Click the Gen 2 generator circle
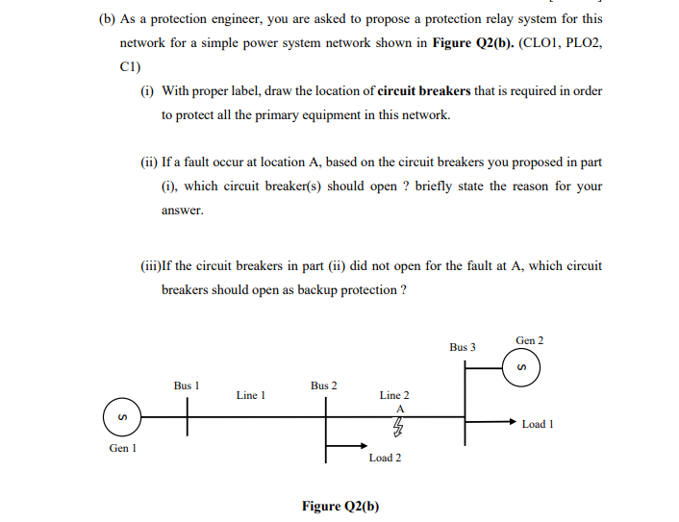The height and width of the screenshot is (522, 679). click(x=521, y=367)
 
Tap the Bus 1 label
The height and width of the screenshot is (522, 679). click(x=187, y=385)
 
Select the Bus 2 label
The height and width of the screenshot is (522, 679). click(x=324, y=385)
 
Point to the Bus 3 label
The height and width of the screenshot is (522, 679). click(x=463, y=346)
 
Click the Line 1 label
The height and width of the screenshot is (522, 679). click(x=250, y=394)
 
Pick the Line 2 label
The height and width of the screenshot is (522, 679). click(x=394, y=394)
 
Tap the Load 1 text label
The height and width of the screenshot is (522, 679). click(x=538, y=424)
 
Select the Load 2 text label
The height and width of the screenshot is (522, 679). click(x=385, y=458)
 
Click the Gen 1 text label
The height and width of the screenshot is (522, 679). click(x=122, y=448)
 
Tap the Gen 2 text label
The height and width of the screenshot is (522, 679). click(x=530, y=340)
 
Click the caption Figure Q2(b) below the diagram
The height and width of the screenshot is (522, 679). click(x=340, y=506)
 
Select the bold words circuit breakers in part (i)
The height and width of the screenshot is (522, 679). click(x=424, y=90)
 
